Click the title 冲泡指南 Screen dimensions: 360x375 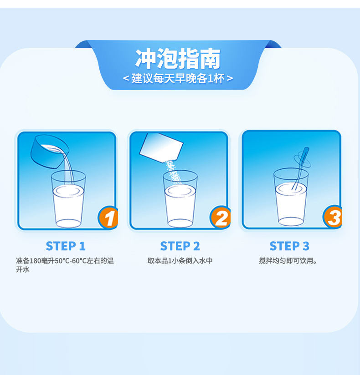(x=178, y=59)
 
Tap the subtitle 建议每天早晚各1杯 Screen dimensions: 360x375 (x=178, y=78)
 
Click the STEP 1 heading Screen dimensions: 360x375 (x=66, y=246)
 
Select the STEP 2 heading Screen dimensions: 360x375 (x=180, y=246)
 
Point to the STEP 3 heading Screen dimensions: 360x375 (x=289, y=246)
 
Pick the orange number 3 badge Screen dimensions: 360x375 (x=333, y=217)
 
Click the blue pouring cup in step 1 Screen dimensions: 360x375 (x=49, y=152)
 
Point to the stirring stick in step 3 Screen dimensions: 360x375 (x=300, y=168)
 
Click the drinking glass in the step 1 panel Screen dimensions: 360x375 (x=68, y=199)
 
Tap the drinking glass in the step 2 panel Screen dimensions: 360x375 (x=180, y=199)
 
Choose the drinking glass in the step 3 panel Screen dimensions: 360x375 (x=291, y=197)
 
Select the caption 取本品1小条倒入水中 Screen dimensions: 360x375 (x=180, y=261)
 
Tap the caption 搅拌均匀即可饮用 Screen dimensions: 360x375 (x=288, y=261)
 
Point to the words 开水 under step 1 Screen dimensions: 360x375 (x=23, y=269)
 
